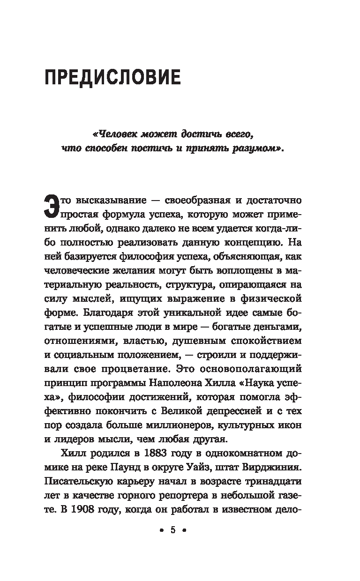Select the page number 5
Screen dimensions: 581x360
pos(172,530)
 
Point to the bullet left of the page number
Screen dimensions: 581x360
pos(161,531)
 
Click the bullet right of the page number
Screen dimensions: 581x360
pos(184,531)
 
